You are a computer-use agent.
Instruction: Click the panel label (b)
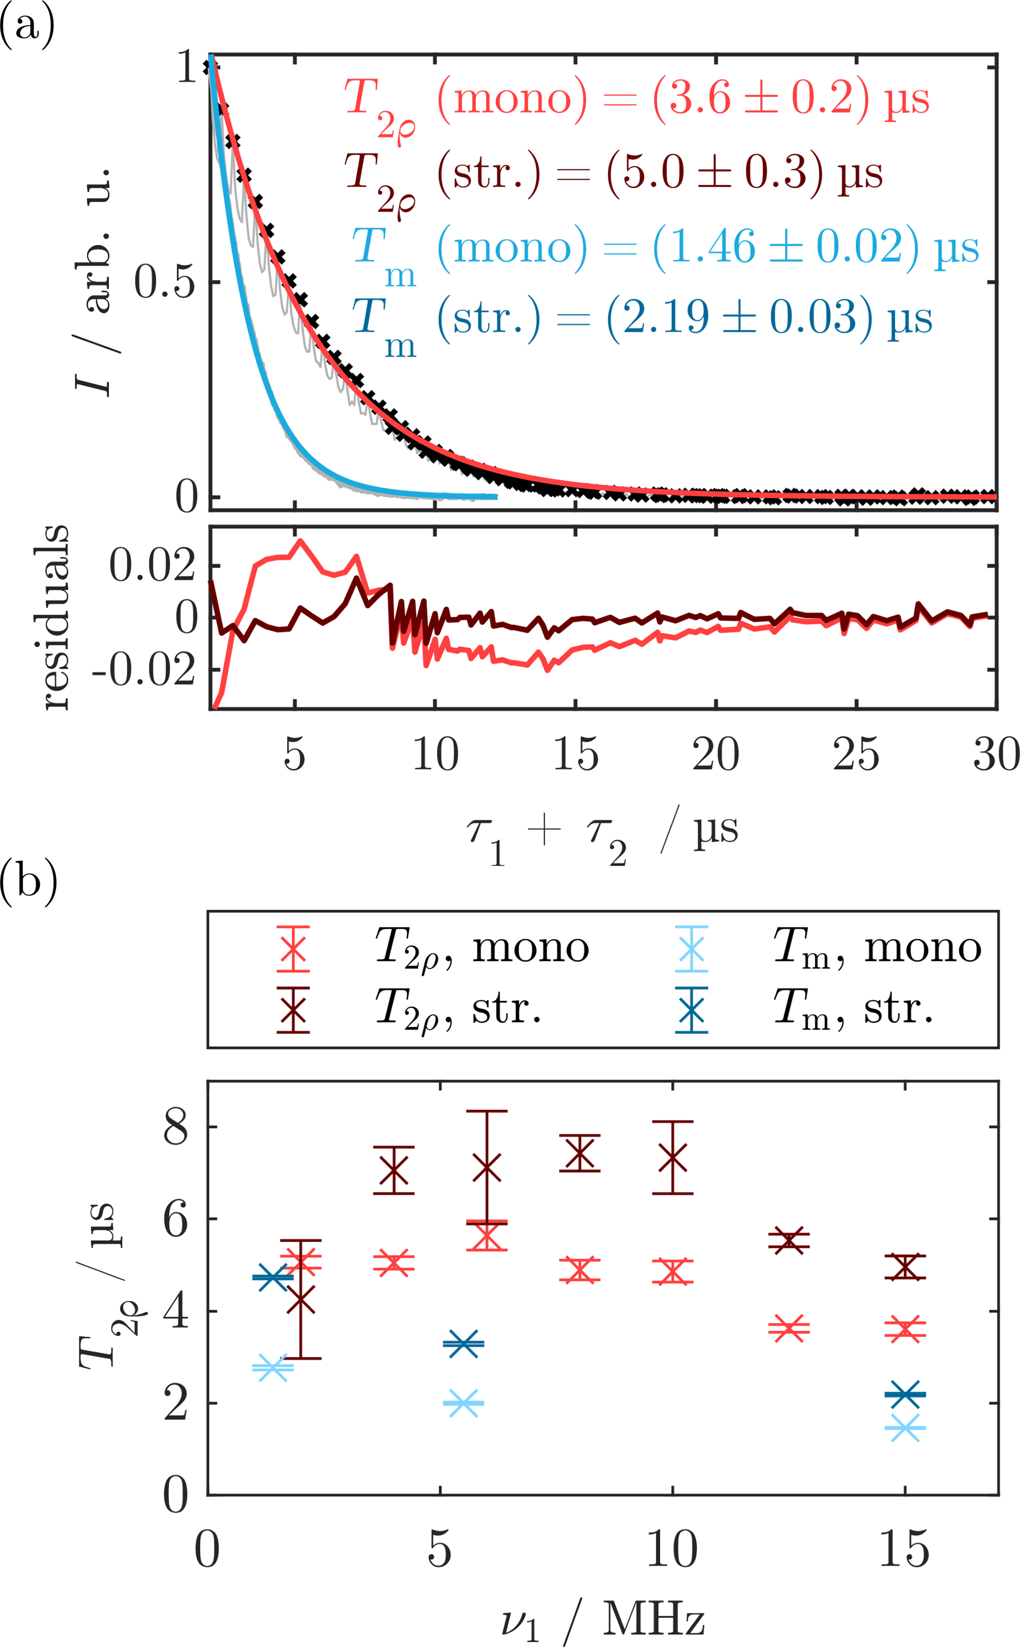(28, 880)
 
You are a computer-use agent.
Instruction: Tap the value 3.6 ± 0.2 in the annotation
(761, 99)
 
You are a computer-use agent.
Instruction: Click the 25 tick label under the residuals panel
(855, 754)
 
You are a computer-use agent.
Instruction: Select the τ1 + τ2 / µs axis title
(603, 834)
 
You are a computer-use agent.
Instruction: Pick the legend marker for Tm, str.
(691, 1010)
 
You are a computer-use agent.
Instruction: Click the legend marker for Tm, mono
(691, 948)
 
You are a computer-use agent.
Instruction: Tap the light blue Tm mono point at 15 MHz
(905, 1428)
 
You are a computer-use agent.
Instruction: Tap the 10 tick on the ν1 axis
(672, 1550)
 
